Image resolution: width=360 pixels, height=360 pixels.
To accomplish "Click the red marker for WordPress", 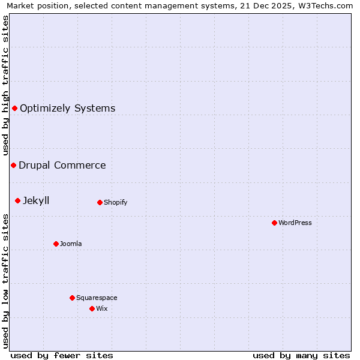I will coord(274,223).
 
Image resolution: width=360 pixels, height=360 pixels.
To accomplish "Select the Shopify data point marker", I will coord(100,202).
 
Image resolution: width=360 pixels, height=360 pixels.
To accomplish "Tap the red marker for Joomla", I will coord(56,244).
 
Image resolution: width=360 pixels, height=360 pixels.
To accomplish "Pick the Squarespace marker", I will coord(72,298).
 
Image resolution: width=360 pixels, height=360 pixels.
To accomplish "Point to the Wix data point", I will coord(92,308).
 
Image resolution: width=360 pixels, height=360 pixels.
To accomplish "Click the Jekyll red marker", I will coord(17,200).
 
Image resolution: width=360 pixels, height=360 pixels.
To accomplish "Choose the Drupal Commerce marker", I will coord(13,165).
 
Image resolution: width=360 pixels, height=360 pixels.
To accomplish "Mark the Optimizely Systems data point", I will coord(14,108).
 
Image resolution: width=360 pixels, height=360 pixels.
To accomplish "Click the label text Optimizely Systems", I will coord(67,109).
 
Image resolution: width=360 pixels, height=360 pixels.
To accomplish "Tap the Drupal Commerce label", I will coord(62,166).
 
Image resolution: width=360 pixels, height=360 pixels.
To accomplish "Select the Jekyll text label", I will coord(36,201).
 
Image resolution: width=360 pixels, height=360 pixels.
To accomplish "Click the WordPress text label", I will coord(295,223).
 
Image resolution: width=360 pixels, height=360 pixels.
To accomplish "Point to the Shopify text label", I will coord(115,202).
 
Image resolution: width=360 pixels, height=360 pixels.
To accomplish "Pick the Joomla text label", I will coord(71,244).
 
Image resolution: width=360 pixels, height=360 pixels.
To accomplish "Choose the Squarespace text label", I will coord(97,298).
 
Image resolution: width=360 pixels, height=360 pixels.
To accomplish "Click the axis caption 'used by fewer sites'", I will coord(62,355).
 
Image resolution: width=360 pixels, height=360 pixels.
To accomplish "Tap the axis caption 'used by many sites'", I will coord(301,355).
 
